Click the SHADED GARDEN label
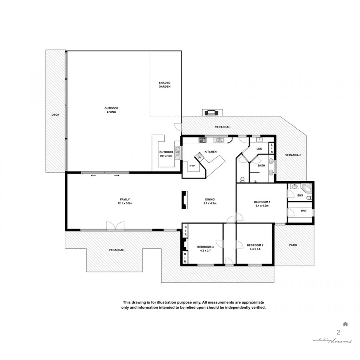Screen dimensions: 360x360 coord(164,84)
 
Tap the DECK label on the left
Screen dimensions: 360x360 coord(55,115)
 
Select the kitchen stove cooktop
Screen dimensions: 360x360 coord(202,140)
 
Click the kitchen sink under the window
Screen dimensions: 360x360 coord(219,140)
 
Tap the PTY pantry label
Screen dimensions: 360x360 coord(192,166)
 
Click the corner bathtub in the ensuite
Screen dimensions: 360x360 coord(307,188)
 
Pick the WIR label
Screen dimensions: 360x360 coord(303,210)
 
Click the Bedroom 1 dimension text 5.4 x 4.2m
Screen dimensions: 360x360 coord(262,206)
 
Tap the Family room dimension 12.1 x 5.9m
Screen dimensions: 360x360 coord(125,203)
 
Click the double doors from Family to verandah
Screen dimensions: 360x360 coord(115,226)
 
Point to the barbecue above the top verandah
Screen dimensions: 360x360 coord(210,112)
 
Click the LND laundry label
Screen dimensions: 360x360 coord(259,149)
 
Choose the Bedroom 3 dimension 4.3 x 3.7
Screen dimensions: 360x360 coord(205,251)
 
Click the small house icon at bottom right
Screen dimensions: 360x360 coord(345,324)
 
